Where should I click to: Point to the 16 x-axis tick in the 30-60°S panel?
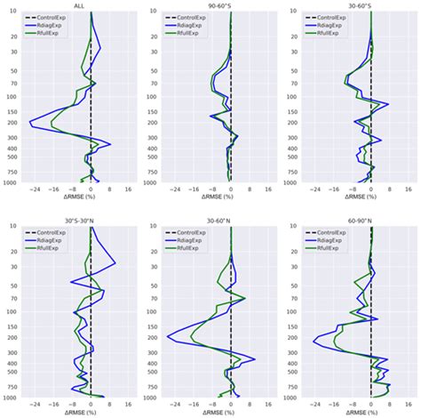(409, 190)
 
